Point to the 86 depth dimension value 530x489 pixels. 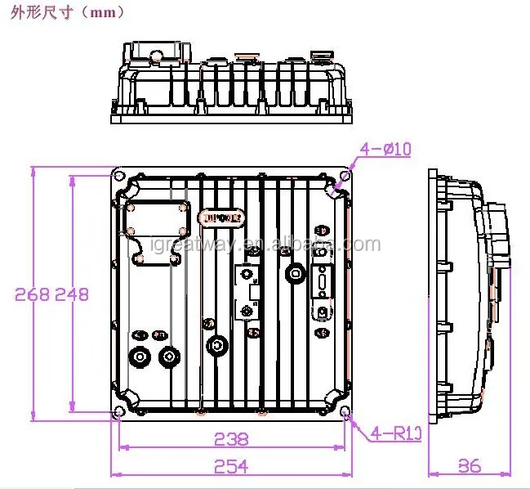469,466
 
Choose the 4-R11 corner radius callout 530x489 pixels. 395,433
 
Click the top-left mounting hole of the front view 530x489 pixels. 120,177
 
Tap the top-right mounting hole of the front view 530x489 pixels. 345,177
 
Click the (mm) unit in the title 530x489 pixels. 105,12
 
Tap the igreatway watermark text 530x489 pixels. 265,245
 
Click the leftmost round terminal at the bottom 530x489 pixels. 140,357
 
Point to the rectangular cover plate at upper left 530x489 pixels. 157,231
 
